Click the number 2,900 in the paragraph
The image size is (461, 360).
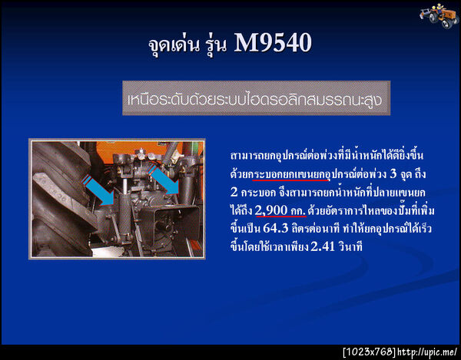pyautogui.click(x=273, y=210)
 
